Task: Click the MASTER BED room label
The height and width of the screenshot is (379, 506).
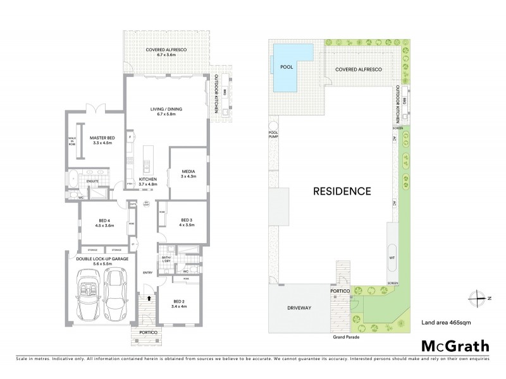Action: pyautogui.click(x=102, y=140)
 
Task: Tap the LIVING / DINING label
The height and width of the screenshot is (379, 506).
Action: pyautogui.click(x=166, y=112)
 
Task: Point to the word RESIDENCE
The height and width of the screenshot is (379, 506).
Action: pyautogui.click(x=339, y=190)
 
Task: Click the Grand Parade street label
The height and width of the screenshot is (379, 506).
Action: pyautogui.click(x=345, y=338)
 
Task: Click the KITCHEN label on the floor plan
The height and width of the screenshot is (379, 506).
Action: pyautogui.click(x=148, y=181)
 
